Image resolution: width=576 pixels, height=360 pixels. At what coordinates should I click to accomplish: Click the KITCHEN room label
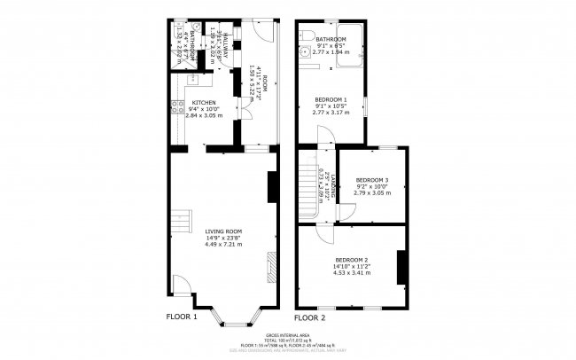(x=204, y=103)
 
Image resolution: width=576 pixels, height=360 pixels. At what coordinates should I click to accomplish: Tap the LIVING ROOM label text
(x=223, y=231)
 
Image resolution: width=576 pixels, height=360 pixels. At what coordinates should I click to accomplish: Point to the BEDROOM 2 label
(x=352, y=259)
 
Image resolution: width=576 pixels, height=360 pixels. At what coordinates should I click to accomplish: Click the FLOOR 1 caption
(x=182, y=317)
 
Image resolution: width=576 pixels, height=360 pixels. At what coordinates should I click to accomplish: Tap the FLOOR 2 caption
(x=310, y=317)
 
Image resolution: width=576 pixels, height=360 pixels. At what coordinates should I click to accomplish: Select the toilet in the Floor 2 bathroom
(x=304, y=35)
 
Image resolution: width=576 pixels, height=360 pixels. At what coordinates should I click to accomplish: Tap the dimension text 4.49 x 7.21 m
(x=223, y=244)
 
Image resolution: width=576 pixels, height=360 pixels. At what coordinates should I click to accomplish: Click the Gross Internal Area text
(x=288, y=335)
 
